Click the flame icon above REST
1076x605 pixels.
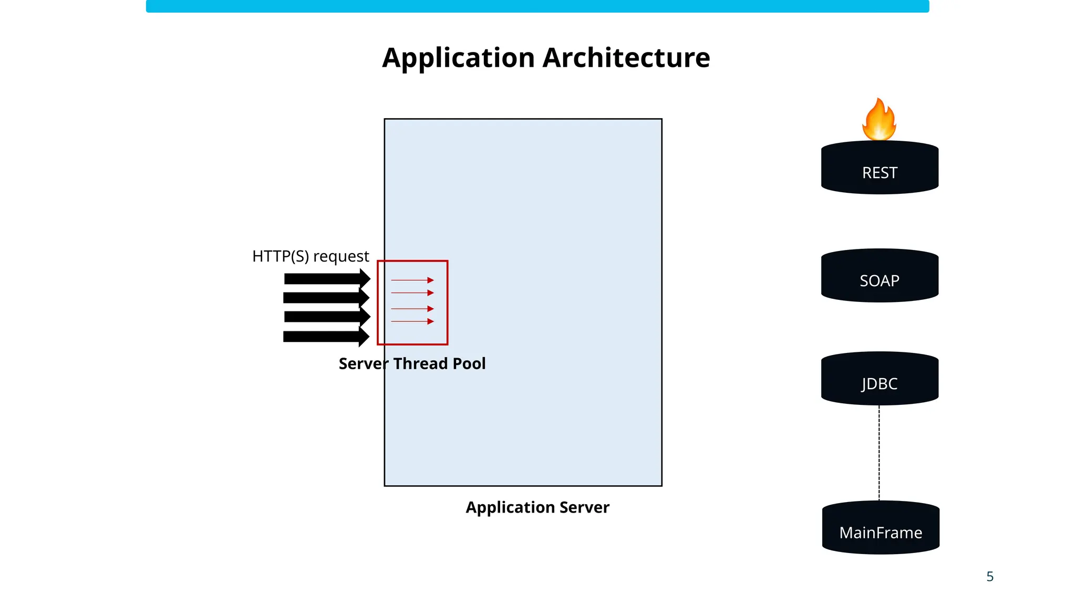879,120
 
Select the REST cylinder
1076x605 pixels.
880,168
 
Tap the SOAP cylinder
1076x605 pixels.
880,276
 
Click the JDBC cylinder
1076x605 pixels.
880,379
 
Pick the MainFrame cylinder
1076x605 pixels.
881,528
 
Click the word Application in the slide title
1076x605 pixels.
459,58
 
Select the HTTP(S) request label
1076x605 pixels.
311,256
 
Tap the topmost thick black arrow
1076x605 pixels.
326,279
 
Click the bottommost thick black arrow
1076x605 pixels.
326,337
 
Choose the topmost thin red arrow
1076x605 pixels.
412,280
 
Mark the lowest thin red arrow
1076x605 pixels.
412,321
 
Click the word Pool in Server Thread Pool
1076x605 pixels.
469,363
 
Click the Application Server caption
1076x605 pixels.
537,507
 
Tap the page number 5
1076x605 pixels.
990,577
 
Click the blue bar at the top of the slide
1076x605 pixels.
537,6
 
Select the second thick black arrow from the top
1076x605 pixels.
326,298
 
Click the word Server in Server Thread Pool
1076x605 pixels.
364,363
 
